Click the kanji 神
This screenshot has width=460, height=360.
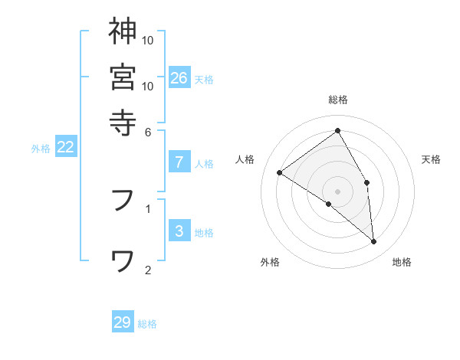pyautogui.click(x=123, y=32)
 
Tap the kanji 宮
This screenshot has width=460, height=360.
pyautogui.click(x=123, y=77)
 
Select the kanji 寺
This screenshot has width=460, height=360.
pyautogui.click(x=123, y=122)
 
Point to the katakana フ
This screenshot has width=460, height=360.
pyautogui.click(x=123, y=200)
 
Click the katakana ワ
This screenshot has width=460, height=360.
pyautogui.click(x=123, y=261)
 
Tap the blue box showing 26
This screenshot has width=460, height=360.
pyautogui.click(x=179, y=77)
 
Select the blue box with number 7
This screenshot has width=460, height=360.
pyautogui.click(x=179, y=162)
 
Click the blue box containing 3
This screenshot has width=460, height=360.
pyautogui.click(x=179, y=231)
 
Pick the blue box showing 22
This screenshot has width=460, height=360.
pyautogui.click(x=66, y=147)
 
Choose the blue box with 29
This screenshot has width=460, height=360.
pyautogui.click(x=123, y=322)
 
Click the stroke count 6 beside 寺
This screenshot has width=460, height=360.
pyautogui.click(x=148, y=131)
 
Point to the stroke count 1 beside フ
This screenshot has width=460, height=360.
pyautogui.click(x=148, y=208)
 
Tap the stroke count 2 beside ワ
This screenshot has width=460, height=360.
pyautogui.click(x=148, y=270)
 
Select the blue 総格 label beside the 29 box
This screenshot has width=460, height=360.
pyautogui.click(x=147, y=324)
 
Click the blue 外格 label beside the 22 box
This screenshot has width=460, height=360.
pyautogui.click(x=41, y=149)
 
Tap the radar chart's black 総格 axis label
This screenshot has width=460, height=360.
pyautogui.click(x=338, y=100)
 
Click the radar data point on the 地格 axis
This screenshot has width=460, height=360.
pyautogui.click(x=374, y=242)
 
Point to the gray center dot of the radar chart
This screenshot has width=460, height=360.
pyautogui.click(x=338, y=191)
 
